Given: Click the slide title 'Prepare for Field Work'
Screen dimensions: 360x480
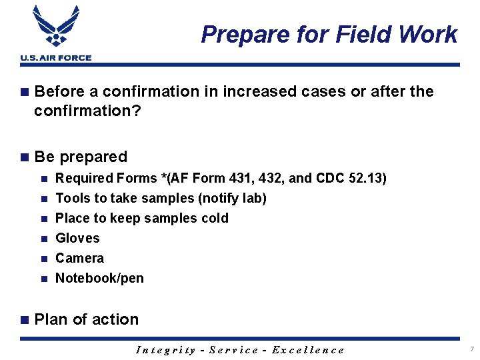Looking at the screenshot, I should tap(329, 34).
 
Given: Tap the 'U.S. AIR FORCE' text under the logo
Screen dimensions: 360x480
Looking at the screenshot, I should tap(55, 58).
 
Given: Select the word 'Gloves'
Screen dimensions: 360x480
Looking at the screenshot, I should tap(77, 238).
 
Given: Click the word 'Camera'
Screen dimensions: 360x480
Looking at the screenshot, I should tap(79, 258).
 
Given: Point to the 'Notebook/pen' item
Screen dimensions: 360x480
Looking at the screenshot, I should tap(99, 278).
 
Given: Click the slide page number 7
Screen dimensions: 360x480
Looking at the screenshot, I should tap(471, 349).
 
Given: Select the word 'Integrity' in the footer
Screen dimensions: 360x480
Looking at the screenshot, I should tap(165, 350).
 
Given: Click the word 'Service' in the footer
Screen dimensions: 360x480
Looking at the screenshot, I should tap(234, 350).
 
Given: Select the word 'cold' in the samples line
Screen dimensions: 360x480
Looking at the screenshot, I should tap(214, 218).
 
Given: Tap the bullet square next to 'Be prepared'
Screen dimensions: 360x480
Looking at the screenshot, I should tap(25, 157).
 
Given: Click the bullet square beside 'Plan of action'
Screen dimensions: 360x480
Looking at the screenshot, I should tap(25, 320).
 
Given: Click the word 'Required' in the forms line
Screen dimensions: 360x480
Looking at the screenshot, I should tap(83, 179).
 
